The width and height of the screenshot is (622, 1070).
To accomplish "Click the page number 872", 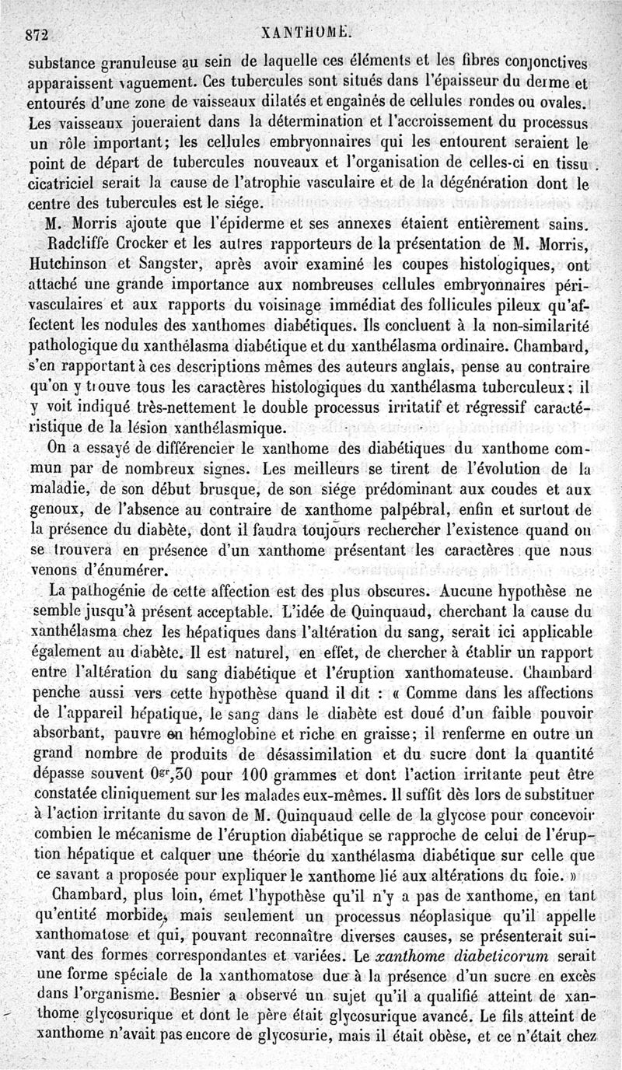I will tap(37, 34).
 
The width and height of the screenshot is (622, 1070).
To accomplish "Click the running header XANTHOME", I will tap(309, 33).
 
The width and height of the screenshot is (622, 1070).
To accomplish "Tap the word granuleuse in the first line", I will tap(128, 63).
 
